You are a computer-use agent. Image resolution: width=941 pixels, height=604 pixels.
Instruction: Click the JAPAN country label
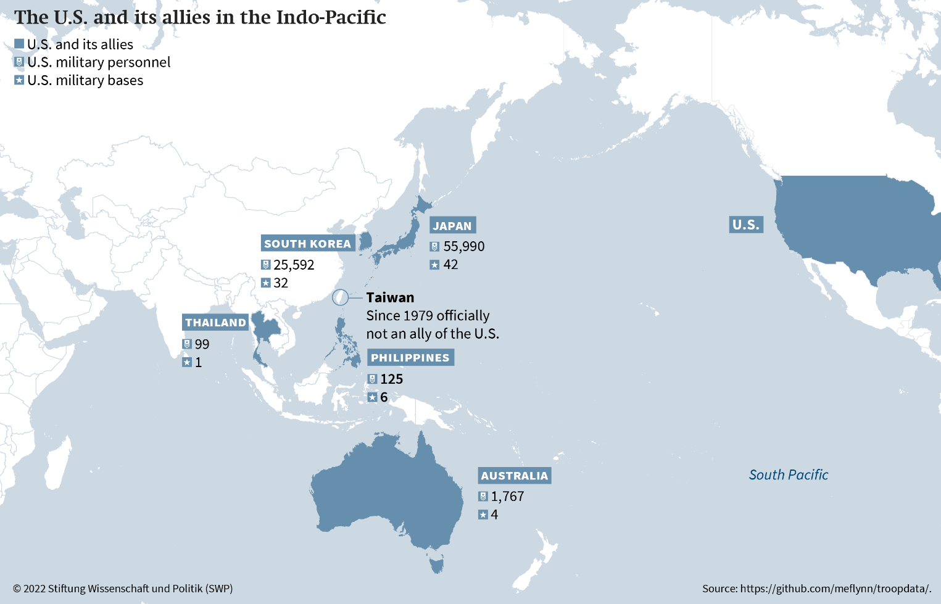tap(452, 226)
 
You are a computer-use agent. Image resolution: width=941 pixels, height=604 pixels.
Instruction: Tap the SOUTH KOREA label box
tap(307, 244)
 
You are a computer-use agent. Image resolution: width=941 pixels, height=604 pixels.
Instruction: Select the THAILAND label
tap(215, 323)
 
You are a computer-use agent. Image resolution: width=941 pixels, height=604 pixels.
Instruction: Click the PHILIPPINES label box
tap(410, 358)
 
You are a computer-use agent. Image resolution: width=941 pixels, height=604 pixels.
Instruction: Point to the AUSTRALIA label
tap(515, 476)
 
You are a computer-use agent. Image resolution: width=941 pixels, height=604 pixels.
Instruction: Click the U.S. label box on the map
tap(746, 225)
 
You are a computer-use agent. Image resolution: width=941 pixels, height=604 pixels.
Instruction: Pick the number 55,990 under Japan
tap(464, 247)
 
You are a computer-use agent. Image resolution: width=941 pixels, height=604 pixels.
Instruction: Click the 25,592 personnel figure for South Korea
tap(294, 265)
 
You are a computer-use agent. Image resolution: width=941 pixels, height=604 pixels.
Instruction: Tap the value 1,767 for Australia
tap(508, 497)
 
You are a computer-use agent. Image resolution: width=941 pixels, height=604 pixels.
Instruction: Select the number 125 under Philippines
tap(392, 379)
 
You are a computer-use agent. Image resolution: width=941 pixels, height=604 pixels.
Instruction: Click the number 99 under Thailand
tap(202, 344)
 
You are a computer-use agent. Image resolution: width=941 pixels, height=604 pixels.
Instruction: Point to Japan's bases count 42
tap(451, 265)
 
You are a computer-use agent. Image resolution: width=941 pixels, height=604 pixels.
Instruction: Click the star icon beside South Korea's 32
tap(266, 283)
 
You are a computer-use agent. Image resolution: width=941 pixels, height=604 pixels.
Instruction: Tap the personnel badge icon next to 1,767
tap(483, 497)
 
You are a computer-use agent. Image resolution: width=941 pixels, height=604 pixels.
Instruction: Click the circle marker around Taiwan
tap(340, 297)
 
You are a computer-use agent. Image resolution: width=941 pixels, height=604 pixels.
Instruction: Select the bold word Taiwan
tap(390, 297)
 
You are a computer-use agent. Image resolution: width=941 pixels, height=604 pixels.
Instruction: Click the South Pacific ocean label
tap(789, 475)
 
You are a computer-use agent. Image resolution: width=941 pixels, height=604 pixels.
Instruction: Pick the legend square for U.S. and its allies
tap(19, 44)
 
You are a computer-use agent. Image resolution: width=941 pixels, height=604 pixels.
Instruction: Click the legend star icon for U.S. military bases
tap(19, 80)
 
